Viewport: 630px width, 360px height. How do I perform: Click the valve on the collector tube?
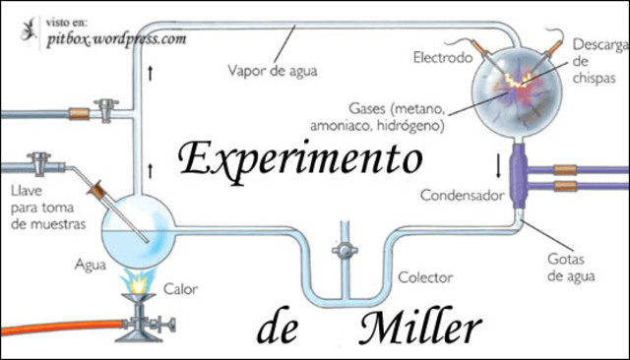pyautogui.click(x=344, y=251)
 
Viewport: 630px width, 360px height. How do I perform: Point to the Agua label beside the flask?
pyautogui.click(x=90, y=264)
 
